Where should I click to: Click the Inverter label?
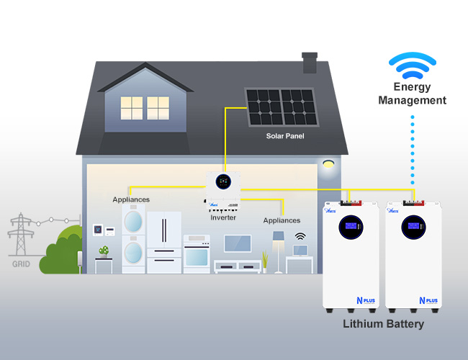[222, 217]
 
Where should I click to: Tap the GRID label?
[21, 264]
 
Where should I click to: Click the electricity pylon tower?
[21, 235]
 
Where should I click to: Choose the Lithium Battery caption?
[383, 324]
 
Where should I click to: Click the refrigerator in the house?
[164, 241]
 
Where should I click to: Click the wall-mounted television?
[237, 243]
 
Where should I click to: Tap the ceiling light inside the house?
[330, 164]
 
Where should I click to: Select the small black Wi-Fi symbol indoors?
[300, 235]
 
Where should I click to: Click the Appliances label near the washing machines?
[131, 199]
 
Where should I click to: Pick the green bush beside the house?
[61, 252]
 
